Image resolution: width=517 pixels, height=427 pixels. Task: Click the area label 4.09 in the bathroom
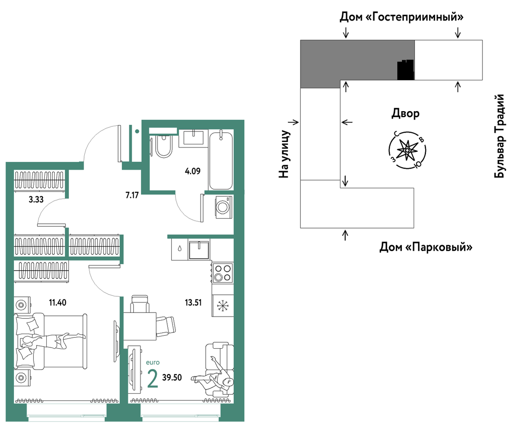pyautogui.click(x=192, y=171)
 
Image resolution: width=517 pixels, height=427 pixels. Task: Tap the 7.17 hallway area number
pyautogui.click(x=132, y=195)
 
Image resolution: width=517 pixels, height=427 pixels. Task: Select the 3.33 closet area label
pyautogui.click(x=36, y=199)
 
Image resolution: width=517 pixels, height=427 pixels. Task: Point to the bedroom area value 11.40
pyautogui.click(x=57, y=302)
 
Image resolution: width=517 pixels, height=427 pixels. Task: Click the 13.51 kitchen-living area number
pyautogui.click(x=193, y=302)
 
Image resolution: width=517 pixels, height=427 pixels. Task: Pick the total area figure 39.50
pyautogui.click(x=172, y=377)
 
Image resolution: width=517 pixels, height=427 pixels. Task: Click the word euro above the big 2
pyautogui.click(x=153, y=362)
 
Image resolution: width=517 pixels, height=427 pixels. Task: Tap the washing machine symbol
pyautogui.click(x=224, y=207)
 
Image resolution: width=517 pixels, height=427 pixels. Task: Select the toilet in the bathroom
pyautogui.click(x=163, y=146)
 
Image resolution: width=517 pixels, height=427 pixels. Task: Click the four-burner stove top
pyautogui.click(x=222, y=273)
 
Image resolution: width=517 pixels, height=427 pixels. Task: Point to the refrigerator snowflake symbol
pyautogui.click(x=222, y=306)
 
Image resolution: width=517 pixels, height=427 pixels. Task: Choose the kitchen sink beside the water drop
pyautogui.click(x=199, y=250)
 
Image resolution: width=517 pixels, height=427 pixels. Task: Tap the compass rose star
pyautogui.click(x=407, y=150)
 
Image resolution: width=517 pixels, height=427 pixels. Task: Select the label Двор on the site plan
pyautogui.click(x=405, y=114)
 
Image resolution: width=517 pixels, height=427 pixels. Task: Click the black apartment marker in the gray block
pyautogui.click(x=406, y=70)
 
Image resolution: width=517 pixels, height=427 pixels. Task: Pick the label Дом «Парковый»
pyautogui.click(x=426, y=247)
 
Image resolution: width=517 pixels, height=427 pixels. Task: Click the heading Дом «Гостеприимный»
pyautogui.click(x=401, y=17)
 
